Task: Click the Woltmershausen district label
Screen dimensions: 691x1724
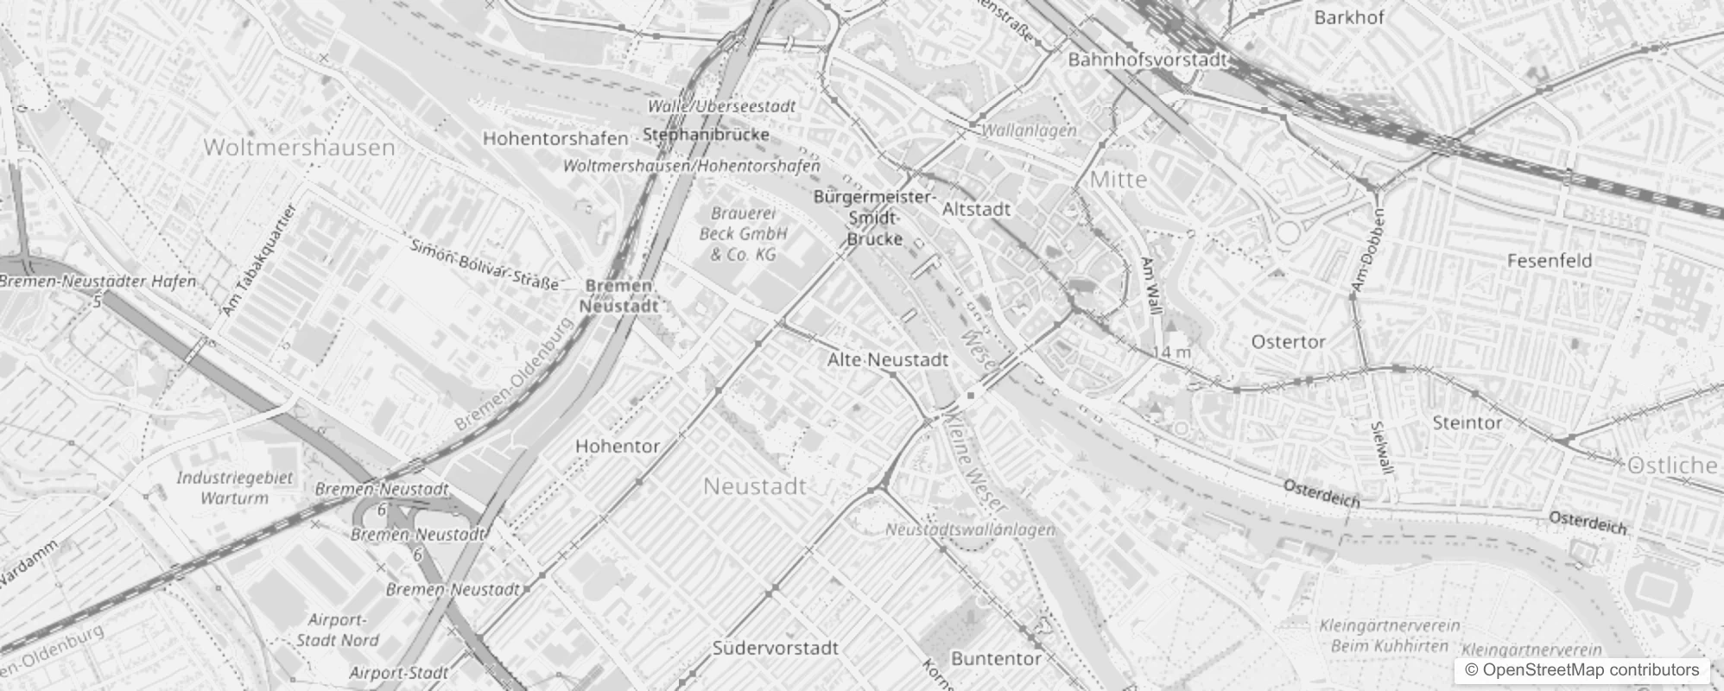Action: pos(299,148)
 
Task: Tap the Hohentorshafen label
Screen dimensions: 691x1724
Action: pos(555,138)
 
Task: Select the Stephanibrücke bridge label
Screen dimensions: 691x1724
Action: pos(706,135)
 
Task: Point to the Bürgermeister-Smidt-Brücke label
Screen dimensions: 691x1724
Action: pos(875,218)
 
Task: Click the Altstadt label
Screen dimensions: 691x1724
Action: pos(976,209)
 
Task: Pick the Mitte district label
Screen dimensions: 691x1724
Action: pos(1119,180)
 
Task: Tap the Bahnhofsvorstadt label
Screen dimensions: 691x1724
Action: pos(1147,60)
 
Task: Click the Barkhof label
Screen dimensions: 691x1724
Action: pos(1349,17)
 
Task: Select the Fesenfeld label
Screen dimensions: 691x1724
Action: pos(1550,260)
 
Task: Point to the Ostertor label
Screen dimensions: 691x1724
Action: pos(1288,342)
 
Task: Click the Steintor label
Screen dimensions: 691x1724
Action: pos(1467,422)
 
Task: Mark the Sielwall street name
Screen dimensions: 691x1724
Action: pos(1382,448)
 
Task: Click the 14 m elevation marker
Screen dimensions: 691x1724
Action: pos(1171,352)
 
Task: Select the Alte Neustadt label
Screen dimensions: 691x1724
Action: pos(888,359)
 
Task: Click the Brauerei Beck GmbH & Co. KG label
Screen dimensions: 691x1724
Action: pos(743,234)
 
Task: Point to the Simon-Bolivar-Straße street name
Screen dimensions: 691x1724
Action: pos(484,264)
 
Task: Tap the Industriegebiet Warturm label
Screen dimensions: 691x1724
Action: pos(235,488)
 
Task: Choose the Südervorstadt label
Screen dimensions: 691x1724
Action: pos(776,648)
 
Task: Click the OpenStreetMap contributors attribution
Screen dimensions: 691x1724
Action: pos(1581,670)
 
